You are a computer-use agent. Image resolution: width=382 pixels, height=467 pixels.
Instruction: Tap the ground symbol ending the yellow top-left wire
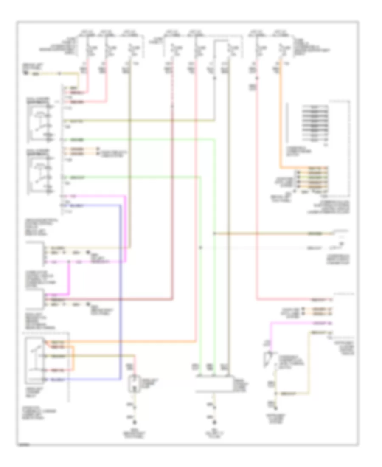[26, 74]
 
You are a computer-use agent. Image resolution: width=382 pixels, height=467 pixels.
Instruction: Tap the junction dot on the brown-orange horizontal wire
[215, 233]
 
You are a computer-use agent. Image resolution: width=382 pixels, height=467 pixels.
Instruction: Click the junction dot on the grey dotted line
[200, 247]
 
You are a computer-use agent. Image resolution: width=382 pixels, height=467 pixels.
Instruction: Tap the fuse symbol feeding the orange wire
[280, 50]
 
